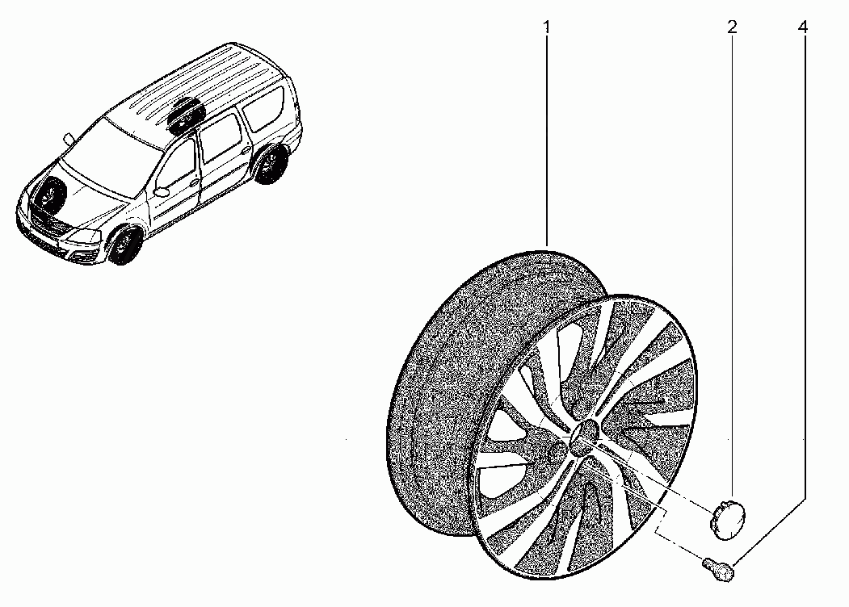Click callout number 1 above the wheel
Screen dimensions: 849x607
point(547,27)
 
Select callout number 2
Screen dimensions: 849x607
point(732,27)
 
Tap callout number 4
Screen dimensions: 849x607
point(803,27)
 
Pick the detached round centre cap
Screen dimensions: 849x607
point(727,519)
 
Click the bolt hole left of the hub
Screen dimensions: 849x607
point(554,453)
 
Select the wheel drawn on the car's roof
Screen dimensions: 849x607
point(187,115)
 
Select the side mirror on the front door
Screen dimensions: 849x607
point(162,191)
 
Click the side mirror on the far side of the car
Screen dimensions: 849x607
point(69,139)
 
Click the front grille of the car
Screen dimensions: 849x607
point(45,223)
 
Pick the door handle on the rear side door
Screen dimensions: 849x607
point(246,149)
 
